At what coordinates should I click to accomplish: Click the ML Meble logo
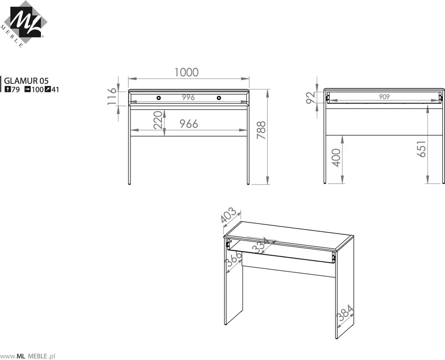24,24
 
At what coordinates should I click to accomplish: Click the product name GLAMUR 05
26,81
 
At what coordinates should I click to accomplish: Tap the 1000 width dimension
186,72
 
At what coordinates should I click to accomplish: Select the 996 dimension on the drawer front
188,97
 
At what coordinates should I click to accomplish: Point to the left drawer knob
158,98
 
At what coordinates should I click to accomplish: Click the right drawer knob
219,98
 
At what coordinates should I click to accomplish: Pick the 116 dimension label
112,96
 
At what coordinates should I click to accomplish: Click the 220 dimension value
158,120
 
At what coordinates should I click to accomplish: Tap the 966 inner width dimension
189,124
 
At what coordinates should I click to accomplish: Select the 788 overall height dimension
261,130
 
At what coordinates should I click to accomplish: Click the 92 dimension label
311,98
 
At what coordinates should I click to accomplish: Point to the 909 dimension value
384,97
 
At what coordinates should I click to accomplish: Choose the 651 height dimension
421,148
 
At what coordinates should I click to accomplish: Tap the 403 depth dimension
228,215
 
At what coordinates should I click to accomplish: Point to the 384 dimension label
345,313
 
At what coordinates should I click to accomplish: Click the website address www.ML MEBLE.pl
28,356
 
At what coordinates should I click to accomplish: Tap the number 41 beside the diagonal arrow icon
55,90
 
